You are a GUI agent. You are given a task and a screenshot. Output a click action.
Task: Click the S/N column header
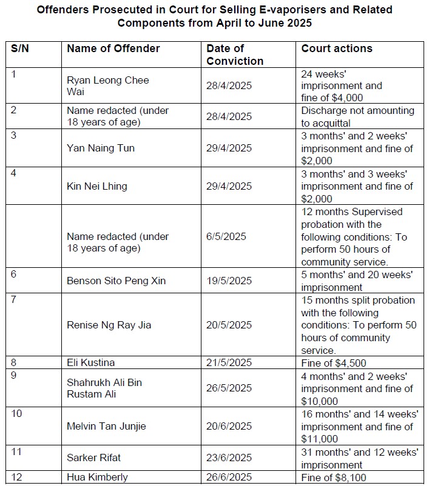pyautogui.click(x=20, y=48)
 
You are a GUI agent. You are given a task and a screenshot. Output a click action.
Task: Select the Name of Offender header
pyautogui.click(x=113, y=48)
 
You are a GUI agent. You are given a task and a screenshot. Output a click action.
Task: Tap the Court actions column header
pyautogui.click(x=337, y=48)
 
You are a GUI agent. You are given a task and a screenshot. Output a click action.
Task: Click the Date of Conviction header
pyautogui.click(x=235, y=55)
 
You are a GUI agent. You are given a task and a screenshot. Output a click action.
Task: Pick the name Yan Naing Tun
pyautogui.click(x=101, y=148)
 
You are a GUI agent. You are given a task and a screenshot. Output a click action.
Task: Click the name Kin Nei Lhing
pyautogui.click(x=97, y=186)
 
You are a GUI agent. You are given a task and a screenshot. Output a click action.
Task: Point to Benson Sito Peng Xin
pyautogui.click(x=116, y=281)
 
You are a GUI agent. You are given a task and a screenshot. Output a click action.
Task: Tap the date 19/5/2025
pyautogui.click(x=229, y=281)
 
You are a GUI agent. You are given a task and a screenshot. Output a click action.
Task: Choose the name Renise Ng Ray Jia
pyautogui.click(x=109, y=325)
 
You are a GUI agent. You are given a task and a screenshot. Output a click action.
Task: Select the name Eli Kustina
pyautogui.click(x=91, y=362)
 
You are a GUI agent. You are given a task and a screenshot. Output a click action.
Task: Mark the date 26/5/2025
pyautogui.click(x=229, y=388)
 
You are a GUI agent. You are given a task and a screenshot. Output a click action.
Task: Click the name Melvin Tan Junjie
pyautogui.click(x=106, y=426)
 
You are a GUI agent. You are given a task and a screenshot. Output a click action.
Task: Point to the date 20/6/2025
pyautogui.click(x=229, y=426)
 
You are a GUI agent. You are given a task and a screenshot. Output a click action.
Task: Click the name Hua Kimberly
pyautogui.click(x=97, y=477)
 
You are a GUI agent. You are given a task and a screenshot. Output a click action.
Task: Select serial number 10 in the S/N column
pyautogui.click(x=17, y=413)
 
